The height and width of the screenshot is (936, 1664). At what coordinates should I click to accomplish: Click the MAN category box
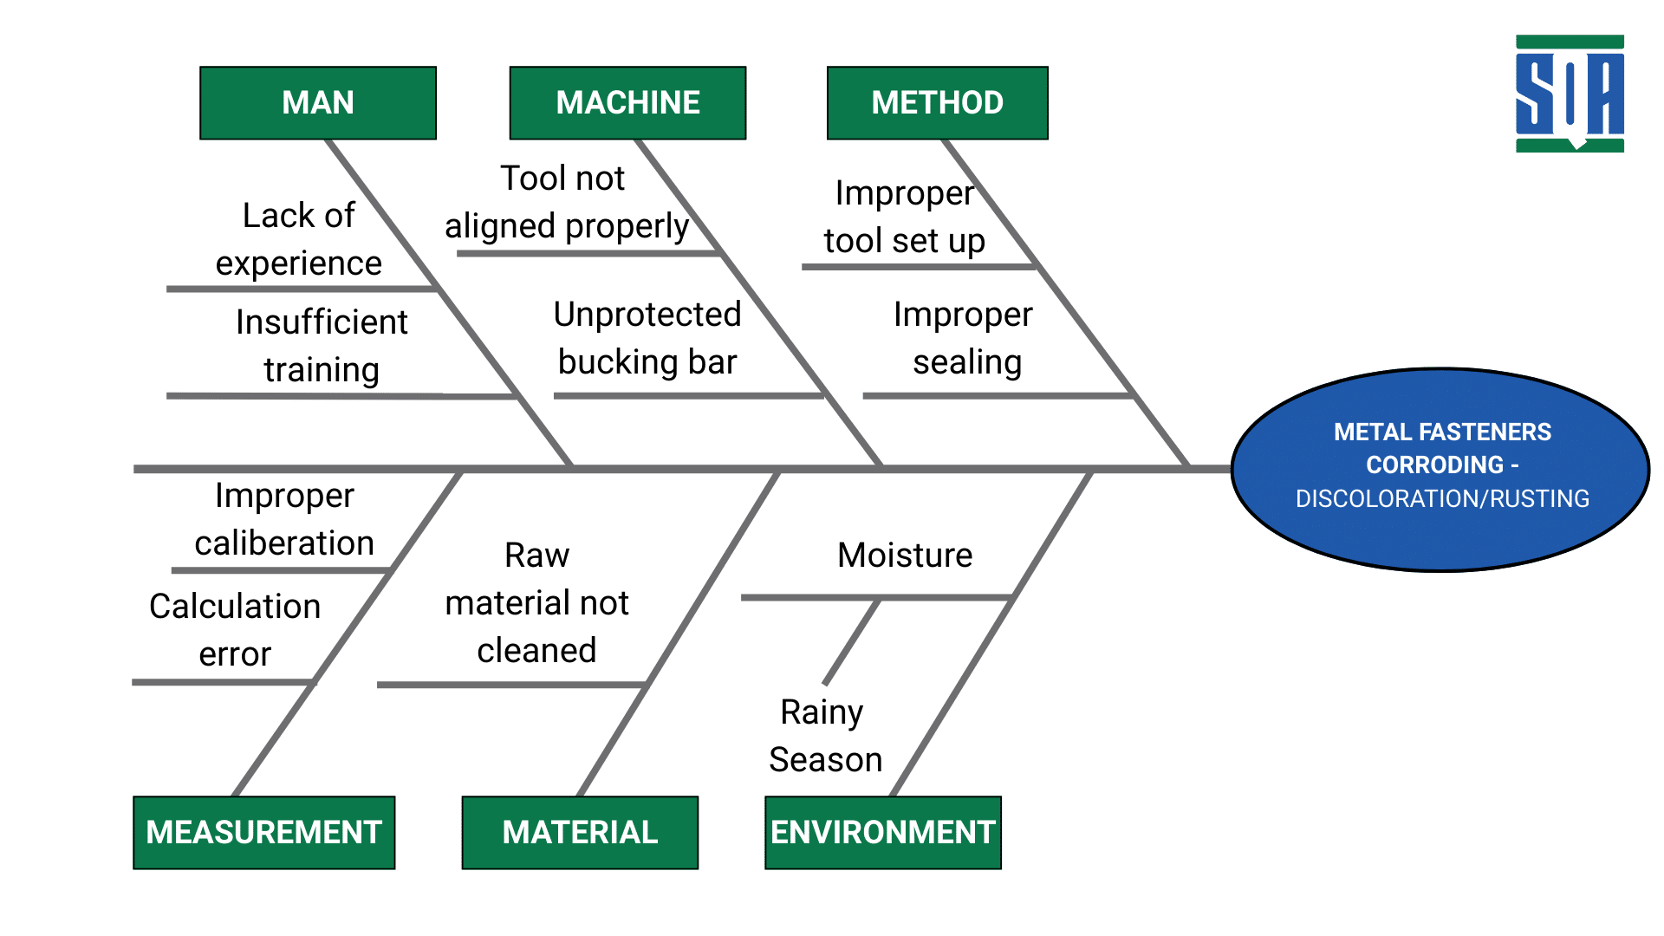tap(318, 103)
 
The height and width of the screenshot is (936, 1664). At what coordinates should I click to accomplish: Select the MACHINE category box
tap(627, 103)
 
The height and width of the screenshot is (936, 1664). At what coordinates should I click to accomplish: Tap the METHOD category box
tap(937, 103)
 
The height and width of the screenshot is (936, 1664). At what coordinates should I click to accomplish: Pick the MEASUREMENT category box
tap(263, 833)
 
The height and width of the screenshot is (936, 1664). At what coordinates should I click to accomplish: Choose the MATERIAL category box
tap(580, 833)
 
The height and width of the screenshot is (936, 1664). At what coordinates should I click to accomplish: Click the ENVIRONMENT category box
tap(882, 833)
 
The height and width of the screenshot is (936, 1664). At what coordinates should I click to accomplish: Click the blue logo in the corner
tap(1570, 94)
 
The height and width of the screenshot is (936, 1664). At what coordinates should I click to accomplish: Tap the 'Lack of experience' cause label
tap(299, 239)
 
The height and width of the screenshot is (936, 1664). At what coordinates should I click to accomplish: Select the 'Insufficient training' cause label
tap(322, 346)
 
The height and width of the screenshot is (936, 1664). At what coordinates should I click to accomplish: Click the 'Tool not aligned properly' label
tap(567, 202)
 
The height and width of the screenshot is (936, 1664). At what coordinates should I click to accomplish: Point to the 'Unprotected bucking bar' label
tap(647, 338)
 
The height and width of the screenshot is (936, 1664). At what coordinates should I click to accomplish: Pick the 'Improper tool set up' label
tap(904, 217)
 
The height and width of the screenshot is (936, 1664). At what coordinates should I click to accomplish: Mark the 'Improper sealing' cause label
tap(964, 338)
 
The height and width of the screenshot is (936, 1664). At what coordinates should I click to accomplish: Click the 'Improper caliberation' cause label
tap(284, 519)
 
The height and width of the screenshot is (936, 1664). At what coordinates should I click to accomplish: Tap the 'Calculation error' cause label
tap(235, 630)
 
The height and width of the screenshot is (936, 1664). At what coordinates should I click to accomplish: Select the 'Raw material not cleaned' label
tap(536, 602)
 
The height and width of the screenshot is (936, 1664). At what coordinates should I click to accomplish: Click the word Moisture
tap(905, 556)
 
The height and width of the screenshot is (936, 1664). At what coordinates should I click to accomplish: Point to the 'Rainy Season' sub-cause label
tap(824, 736)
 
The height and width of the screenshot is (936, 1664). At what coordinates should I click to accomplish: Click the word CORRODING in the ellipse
tap(1433, 465)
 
